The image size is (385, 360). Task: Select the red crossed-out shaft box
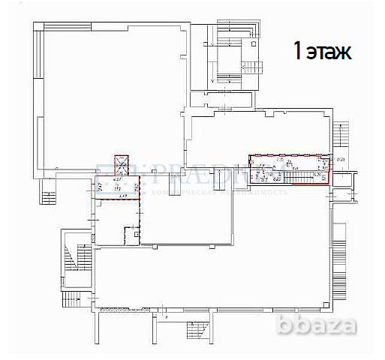pos(120,163)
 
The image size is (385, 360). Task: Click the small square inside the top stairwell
pos(256,43)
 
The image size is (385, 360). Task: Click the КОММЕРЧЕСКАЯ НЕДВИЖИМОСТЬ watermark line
pos(225,192)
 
